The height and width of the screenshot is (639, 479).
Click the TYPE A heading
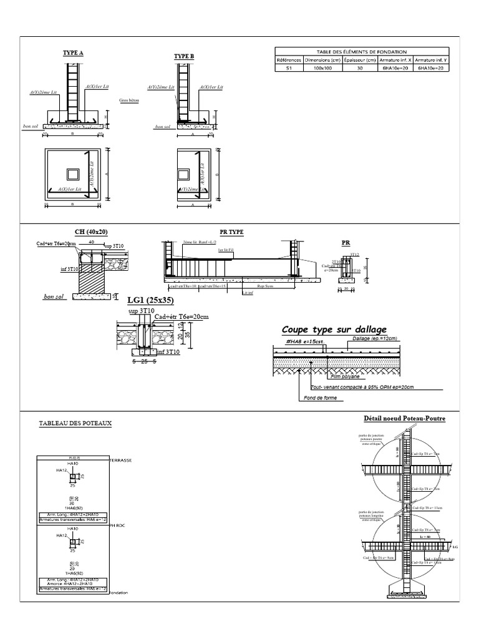pos(73,54)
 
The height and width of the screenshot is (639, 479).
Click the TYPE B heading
pos(184,56)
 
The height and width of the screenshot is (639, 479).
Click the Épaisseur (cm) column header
pos(357,60)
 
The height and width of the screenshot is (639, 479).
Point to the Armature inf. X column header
pos(395,60)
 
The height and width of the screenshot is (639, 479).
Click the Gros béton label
pos(129,100)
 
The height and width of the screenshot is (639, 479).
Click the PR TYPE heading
pos(232,232)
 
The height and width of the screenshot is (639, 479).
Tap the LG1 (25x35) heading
pos(150,301)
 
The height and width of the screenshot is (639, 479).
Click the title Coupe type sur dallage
pos(334,329)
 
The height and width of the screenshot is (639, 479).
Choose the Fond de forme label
pos(317,398)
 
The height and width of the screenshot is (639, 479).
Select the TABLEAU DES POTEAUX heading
pos(75,423)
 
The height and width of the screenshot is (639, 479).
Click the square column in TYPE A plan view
pos(74,173)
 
